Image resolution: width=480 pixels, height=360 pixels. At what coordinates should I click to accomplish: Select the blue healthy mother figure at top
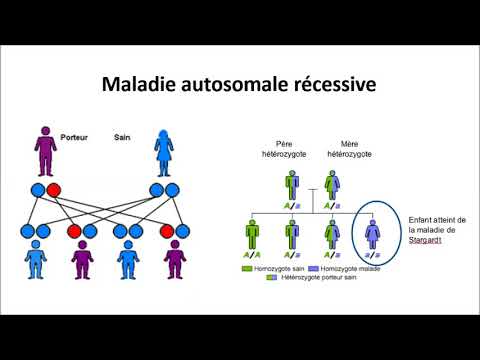pos(165,152)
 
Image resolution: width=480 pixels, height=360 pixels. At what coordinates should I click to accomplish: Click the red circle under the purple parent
pos(54,190)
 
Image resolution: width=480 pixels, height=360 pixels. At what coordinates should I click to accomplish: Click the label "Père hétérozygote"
pos(290,152)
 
